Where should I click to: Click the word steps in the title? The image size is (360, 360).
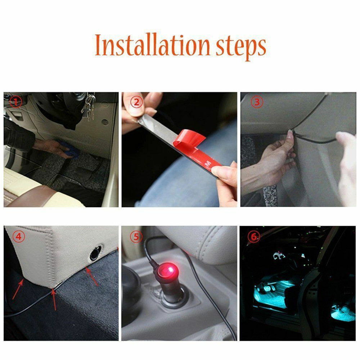(x=241, y=47)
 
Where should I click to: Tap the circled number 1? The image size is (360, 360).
(x=16, y=102)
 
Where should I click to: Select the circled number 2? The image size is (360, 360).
(x=136, y=102)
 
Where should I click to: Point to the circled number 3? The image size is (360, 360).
(x=257, y=102)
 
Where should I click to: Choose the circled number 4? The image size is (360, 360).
(x=19, y=236)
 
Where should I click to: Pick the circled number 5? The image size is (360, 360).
(x=136, y=236)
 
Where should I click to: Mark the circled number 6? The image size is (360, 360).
(x=254, y=236)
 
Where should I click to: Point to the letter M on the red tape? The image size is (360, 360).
(x=208, y=163)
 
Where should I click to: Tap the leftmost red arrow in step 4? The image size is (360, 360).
(x=18, y=290)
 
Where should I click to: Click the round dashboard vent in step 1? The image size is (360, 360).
(x=105, y=122)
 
